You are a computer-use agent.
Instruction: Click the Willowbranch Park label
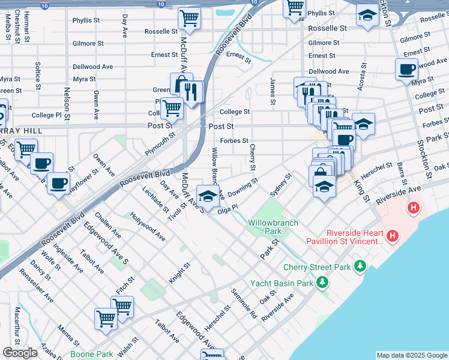(265, 227)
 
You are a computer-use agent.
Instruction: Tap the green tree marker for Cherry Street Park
(360, 265)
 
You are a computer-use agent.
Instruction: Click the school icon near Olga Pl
(208, 197)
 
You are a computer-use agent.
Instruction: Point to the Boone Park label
(91, 355)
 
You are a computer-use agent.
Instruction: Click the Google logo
(20, 353)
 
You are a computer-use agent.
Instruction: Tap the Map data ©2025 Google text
(411, 355)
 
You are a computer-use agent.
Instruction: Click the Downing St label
(243, 184)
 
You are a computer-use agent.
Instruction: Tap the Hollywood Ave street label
(148, 227)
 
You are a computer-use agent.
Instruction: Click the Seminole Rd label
(244, 303)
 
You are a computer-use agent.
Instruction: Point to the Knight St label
(179, 272)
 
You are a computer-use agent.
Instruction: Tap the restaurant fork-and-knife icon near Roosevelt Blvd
(191, 92)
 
